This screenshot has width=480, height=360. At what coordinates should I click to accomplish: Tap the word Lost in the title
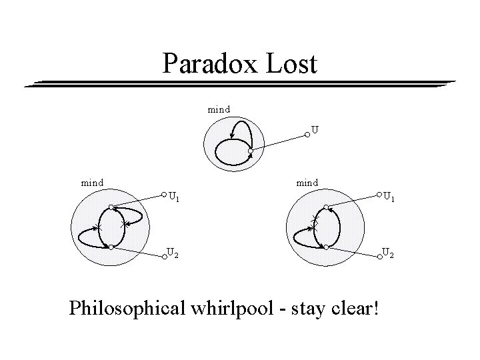(x=291, y=65)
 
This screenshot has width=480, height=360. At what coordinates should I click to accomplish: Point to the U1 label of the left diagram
(x=174, y=197)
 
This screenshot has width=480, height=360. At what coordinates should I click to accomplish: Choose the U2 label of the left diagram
(x=172, y=252)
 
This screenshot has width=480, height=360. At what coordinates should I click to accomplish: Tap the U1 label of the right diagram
(x=388, y=197)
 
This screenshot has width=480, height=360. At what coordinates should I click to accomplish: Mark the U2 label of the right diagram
(x=387, y=252)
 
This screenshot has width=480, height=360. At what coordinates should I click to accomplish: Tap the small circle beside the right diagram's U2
(x=379, y=255)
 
